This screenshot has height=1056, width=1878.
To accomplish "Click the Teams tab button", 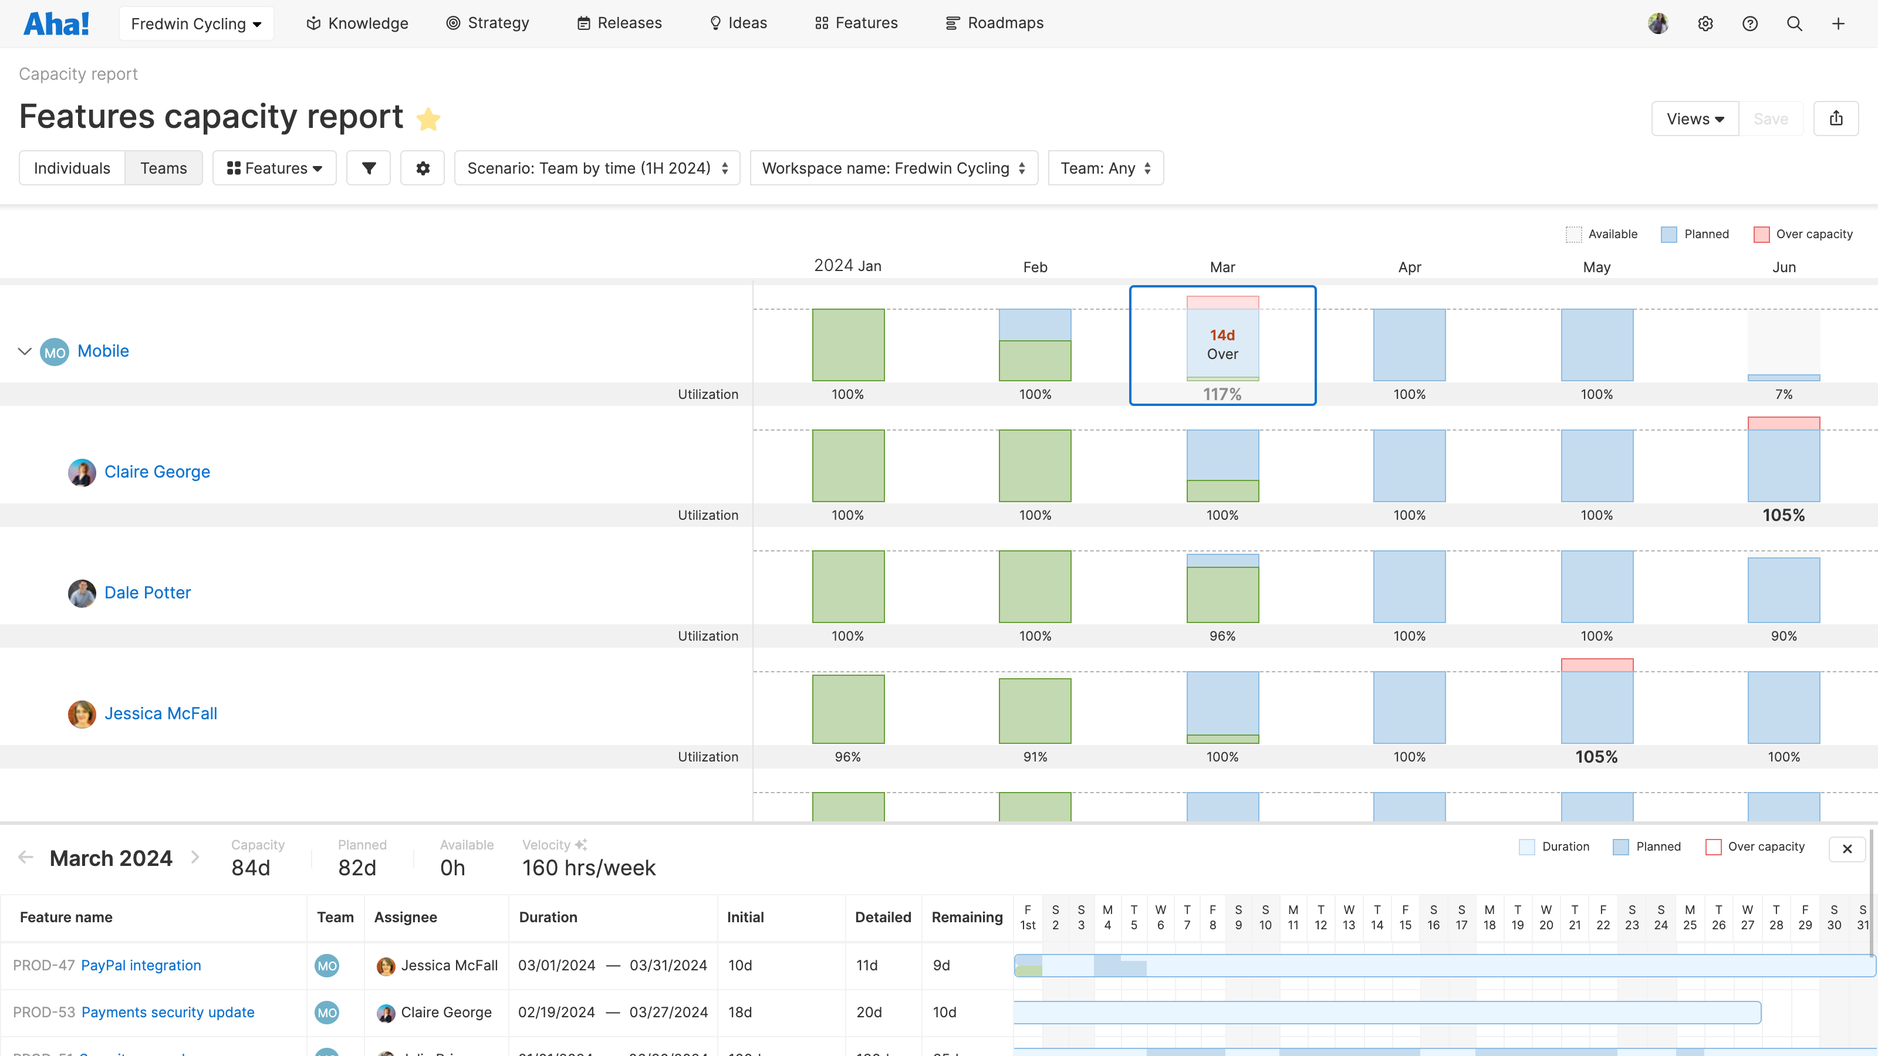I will pos(163,168).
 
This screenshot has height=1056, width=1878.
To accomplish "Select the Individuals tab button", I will pos(72,168).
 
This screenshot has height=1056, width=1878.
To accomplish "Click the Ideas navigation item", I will pos(738,23).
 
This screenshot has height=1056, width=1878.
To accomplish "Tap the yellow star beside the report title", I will pos(428,119).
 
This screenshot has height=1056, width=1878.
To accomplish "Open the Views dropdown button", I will pos(1695,119).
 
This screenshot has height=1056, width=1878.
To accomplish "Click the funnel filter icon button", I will pos(369,168).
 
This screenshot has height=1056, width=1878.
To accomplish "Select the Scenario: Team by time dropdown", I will pos(597,168).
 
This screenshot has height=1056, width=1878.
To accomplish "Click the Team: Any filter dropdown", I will pos(1105,168).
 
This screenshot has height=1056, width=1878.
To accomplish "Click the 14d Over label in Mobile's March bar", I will pos(1222,344).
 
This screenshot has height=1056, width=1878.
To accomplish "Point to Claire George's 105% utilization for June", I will pos(1784,515).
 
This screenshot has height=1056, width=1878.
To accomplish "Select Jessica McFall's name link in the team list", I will pos(160,713).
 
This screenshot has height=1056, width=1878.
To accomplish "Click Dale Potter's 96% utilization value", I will pos(1222,636).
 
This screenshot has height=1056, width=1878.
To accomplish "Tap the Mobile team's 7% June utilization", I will pos(1784,394).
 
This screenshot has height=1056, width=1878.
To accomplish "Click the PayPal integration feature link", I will pos(141,965).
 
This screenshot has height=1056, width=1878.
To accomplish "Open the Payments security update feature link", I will pos(168,1012).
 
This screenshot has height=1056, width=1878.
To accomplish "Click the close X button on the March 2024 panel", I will pos(1847,848).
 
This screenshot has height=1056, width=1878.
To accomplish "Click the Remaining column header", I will pos(967,917).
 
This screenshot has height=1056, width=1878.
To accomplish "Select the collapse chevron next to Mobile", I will pos(25,351).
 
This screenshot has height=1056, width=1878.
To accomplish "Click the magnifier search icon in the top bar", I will pos(1794,23).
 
